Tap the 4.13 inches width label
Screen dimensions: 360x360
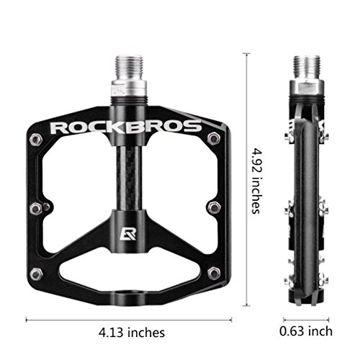(132, 332)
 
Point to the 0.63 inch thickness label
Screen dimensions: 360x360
(307, 332)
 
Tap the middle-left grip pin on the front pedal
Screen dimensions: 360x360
(35, 208)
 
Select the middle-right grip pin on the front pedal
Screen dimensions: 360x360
(214, 208)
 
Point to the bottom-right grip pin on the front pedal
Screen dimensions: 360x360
(213, 273)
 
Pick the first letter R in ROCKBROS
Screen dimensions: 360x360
(59, 128)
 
